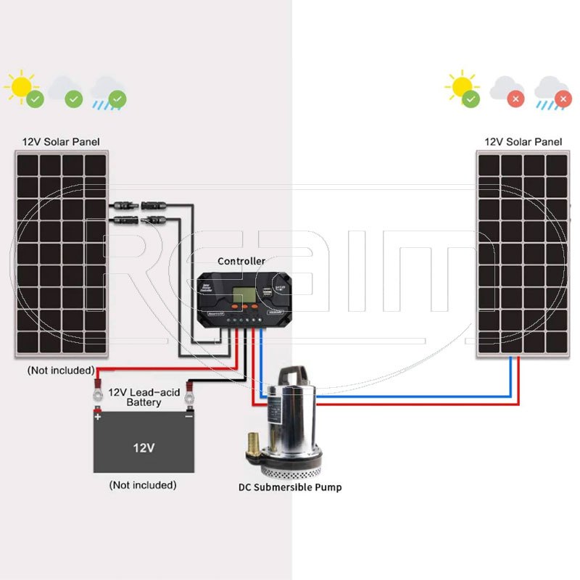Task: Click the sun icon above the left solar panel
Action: click(x=20, y=86)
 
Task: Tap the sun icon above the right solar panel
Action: click(x=461, y=86)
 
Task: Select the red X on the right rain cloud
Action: click(x=562, y=99)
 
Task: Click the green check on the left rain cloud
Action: click(x=116, y=99)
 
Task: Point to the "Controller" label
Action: click(x=241, y=261)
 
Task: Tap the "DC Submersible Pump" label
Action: click(x=290, y=487)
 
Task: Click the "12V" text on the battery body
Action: click(x=144, y=447)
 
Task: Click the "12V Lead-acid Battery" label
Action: click(x=144, y=397)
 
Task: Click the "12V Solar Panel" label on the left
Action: click(x=61, y=141)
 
